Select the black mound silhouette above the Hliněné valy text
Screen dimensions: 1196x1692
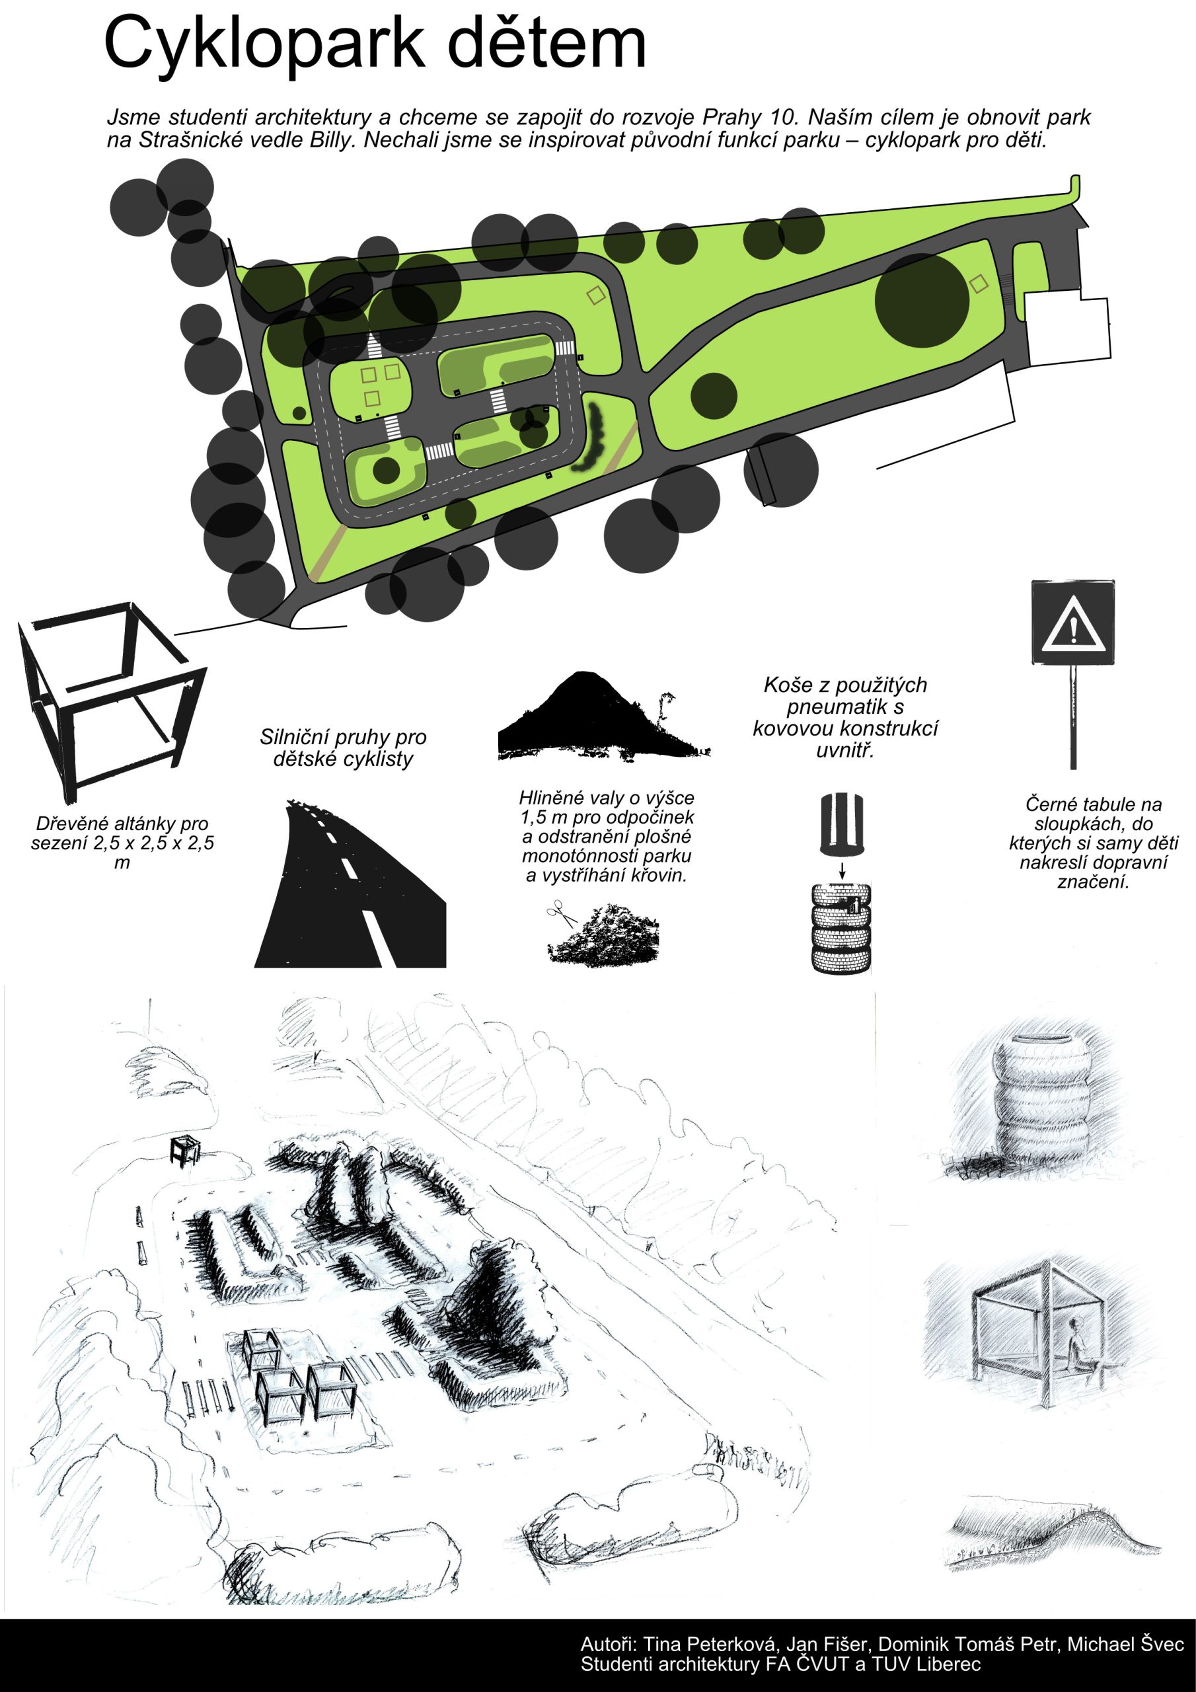coord(603,716)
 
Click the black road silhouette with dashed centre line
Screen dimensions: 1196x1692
coord(351,884)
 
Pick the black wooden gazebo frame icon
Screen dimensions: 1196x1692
coord(111,703)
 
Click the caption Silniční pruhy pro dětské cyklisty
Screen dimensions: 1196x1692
coord(344,748)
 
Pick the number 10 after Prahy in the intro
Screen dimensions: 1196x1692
coord(780,117)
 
